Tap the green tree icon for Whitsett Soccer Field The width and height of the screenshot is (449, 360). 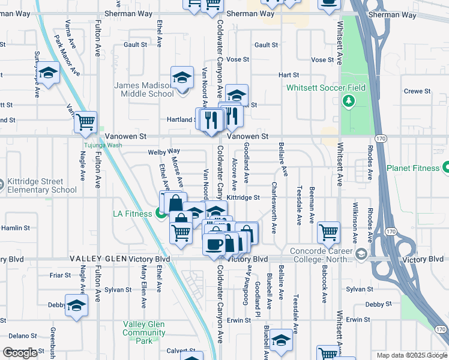point(348,101)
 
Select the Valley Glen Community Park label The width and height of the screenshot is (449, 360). point(144,332)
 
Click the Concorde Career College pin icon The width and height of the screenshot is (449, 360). point(361,254)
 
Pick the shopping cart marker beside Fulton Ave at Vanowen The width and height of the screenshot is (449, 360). point(86,122)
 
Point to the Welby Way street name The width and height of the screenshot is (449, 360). point(164,152)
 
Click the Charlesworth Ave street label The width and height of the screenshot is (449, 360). point(274,208)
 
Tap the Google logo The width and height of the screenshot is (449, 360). point(20,353)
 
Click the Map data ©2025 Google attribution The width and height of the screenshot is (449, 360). point(411,355)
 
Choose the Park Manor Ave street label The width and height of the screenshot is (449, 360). point(67,55)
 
